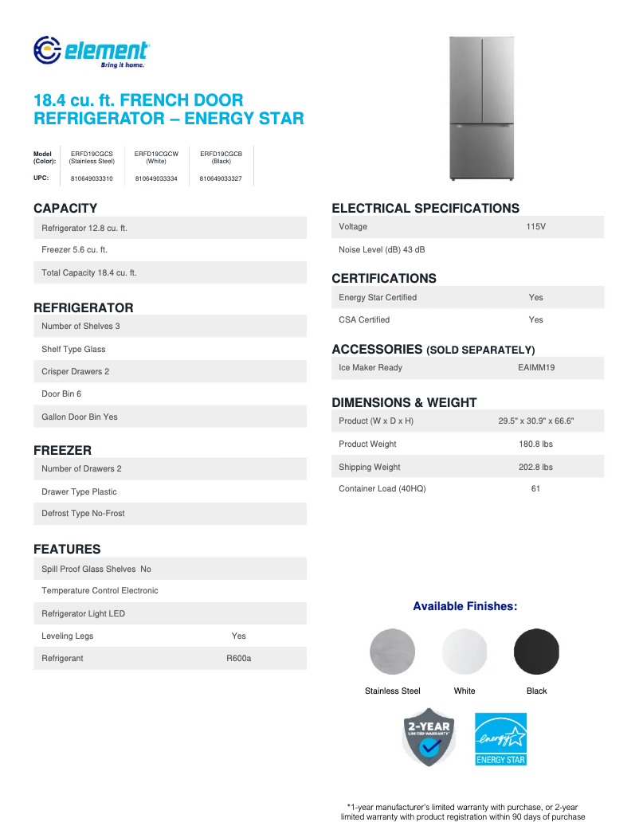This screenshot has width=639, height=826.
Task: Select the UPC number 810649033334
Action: coord(156,178)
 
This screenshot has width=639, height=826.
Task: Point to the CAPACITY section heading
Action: coord(65,209)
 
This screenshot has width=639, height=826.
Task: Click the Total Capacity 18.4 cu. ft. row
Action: coord(89,273)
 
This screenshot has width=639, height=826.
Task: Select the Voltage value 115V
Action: coord(535,227)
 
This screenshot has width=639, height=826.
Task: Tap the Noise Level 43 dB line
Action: coord(382,250)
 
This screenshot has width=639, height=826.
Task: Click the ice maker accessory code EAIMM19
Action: coord(535,368)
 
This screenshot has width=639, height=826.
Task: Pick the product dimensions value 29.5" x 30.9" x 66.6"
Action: coord(535,421)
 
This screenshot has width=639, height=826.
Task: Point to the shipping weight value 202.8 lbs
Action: coord(535,468)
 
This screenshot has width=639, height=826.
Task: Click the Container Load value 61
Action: coord(535,489)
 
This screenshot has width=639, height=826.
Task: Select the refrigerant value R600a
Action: coord(239,659)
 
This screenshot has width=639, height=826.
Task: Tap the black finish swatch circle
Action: coord(537,652)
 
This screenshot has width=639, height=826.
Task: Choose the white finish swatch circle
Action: coord(465,652)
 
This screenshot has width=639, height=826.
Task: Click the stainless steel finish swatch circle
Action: coord(393,652)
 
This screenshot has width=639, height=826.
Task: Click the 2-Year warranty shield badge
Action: coord(429,738)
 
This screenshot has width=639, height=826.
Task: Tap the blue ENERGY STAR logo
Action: coord(501,738)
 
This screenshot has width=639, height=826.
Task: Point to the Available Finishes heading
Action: coord(465,607)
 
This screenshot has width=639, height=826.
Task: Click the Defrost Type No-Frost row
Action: coord(84,514)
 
